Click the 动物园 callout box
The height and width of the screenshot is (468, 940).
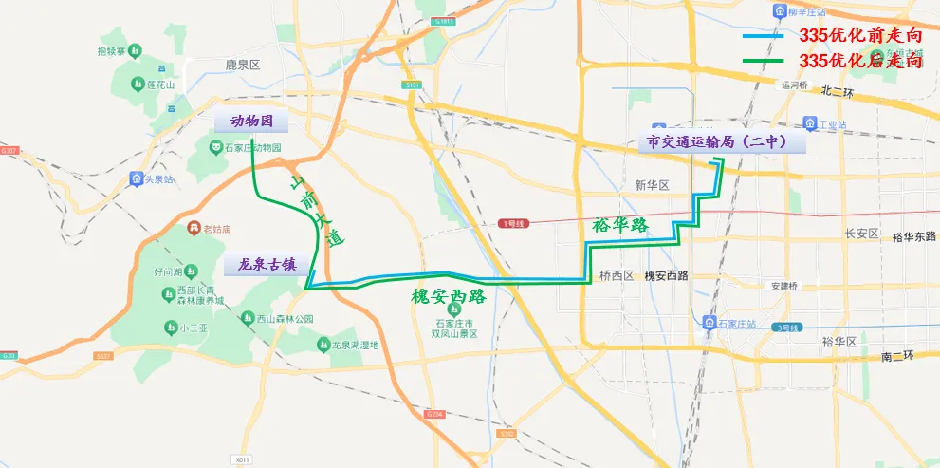[251, 122]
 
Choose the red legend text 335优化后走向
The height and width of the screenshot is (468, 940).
[860, 60]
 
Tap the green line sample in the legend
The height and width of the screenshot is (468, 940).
[763, 61]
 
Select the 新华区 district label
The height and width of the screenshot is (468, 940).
[652, 185]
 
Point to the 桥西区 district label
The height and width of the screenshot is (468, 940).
[616, 276]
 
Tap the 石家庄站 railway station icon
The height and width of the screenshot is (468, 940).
[710, 324]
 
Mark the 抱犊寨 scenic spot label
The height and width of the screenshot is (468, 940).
[112, 49]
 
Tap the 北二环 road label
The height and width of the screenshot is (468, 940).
[838, 91]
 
